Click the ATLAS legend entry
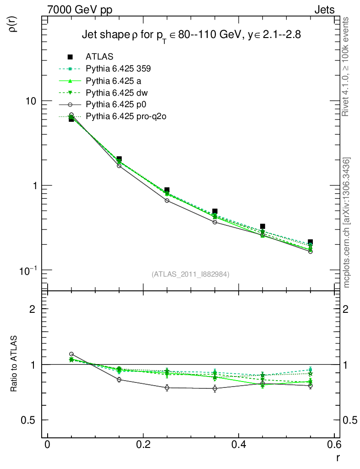point(99,57)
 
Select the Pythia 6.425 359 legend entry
point(118,69)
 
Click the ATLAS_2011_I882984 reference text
point(191,274)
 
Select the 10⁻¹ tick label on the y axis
point(28,269)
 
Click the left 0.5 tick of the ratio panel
point(31,420)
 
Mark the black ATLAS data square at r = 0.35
point(215,212)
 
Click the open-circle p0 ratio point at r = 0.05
point(71,354)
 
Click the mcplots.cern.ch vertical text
point(347,223)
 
